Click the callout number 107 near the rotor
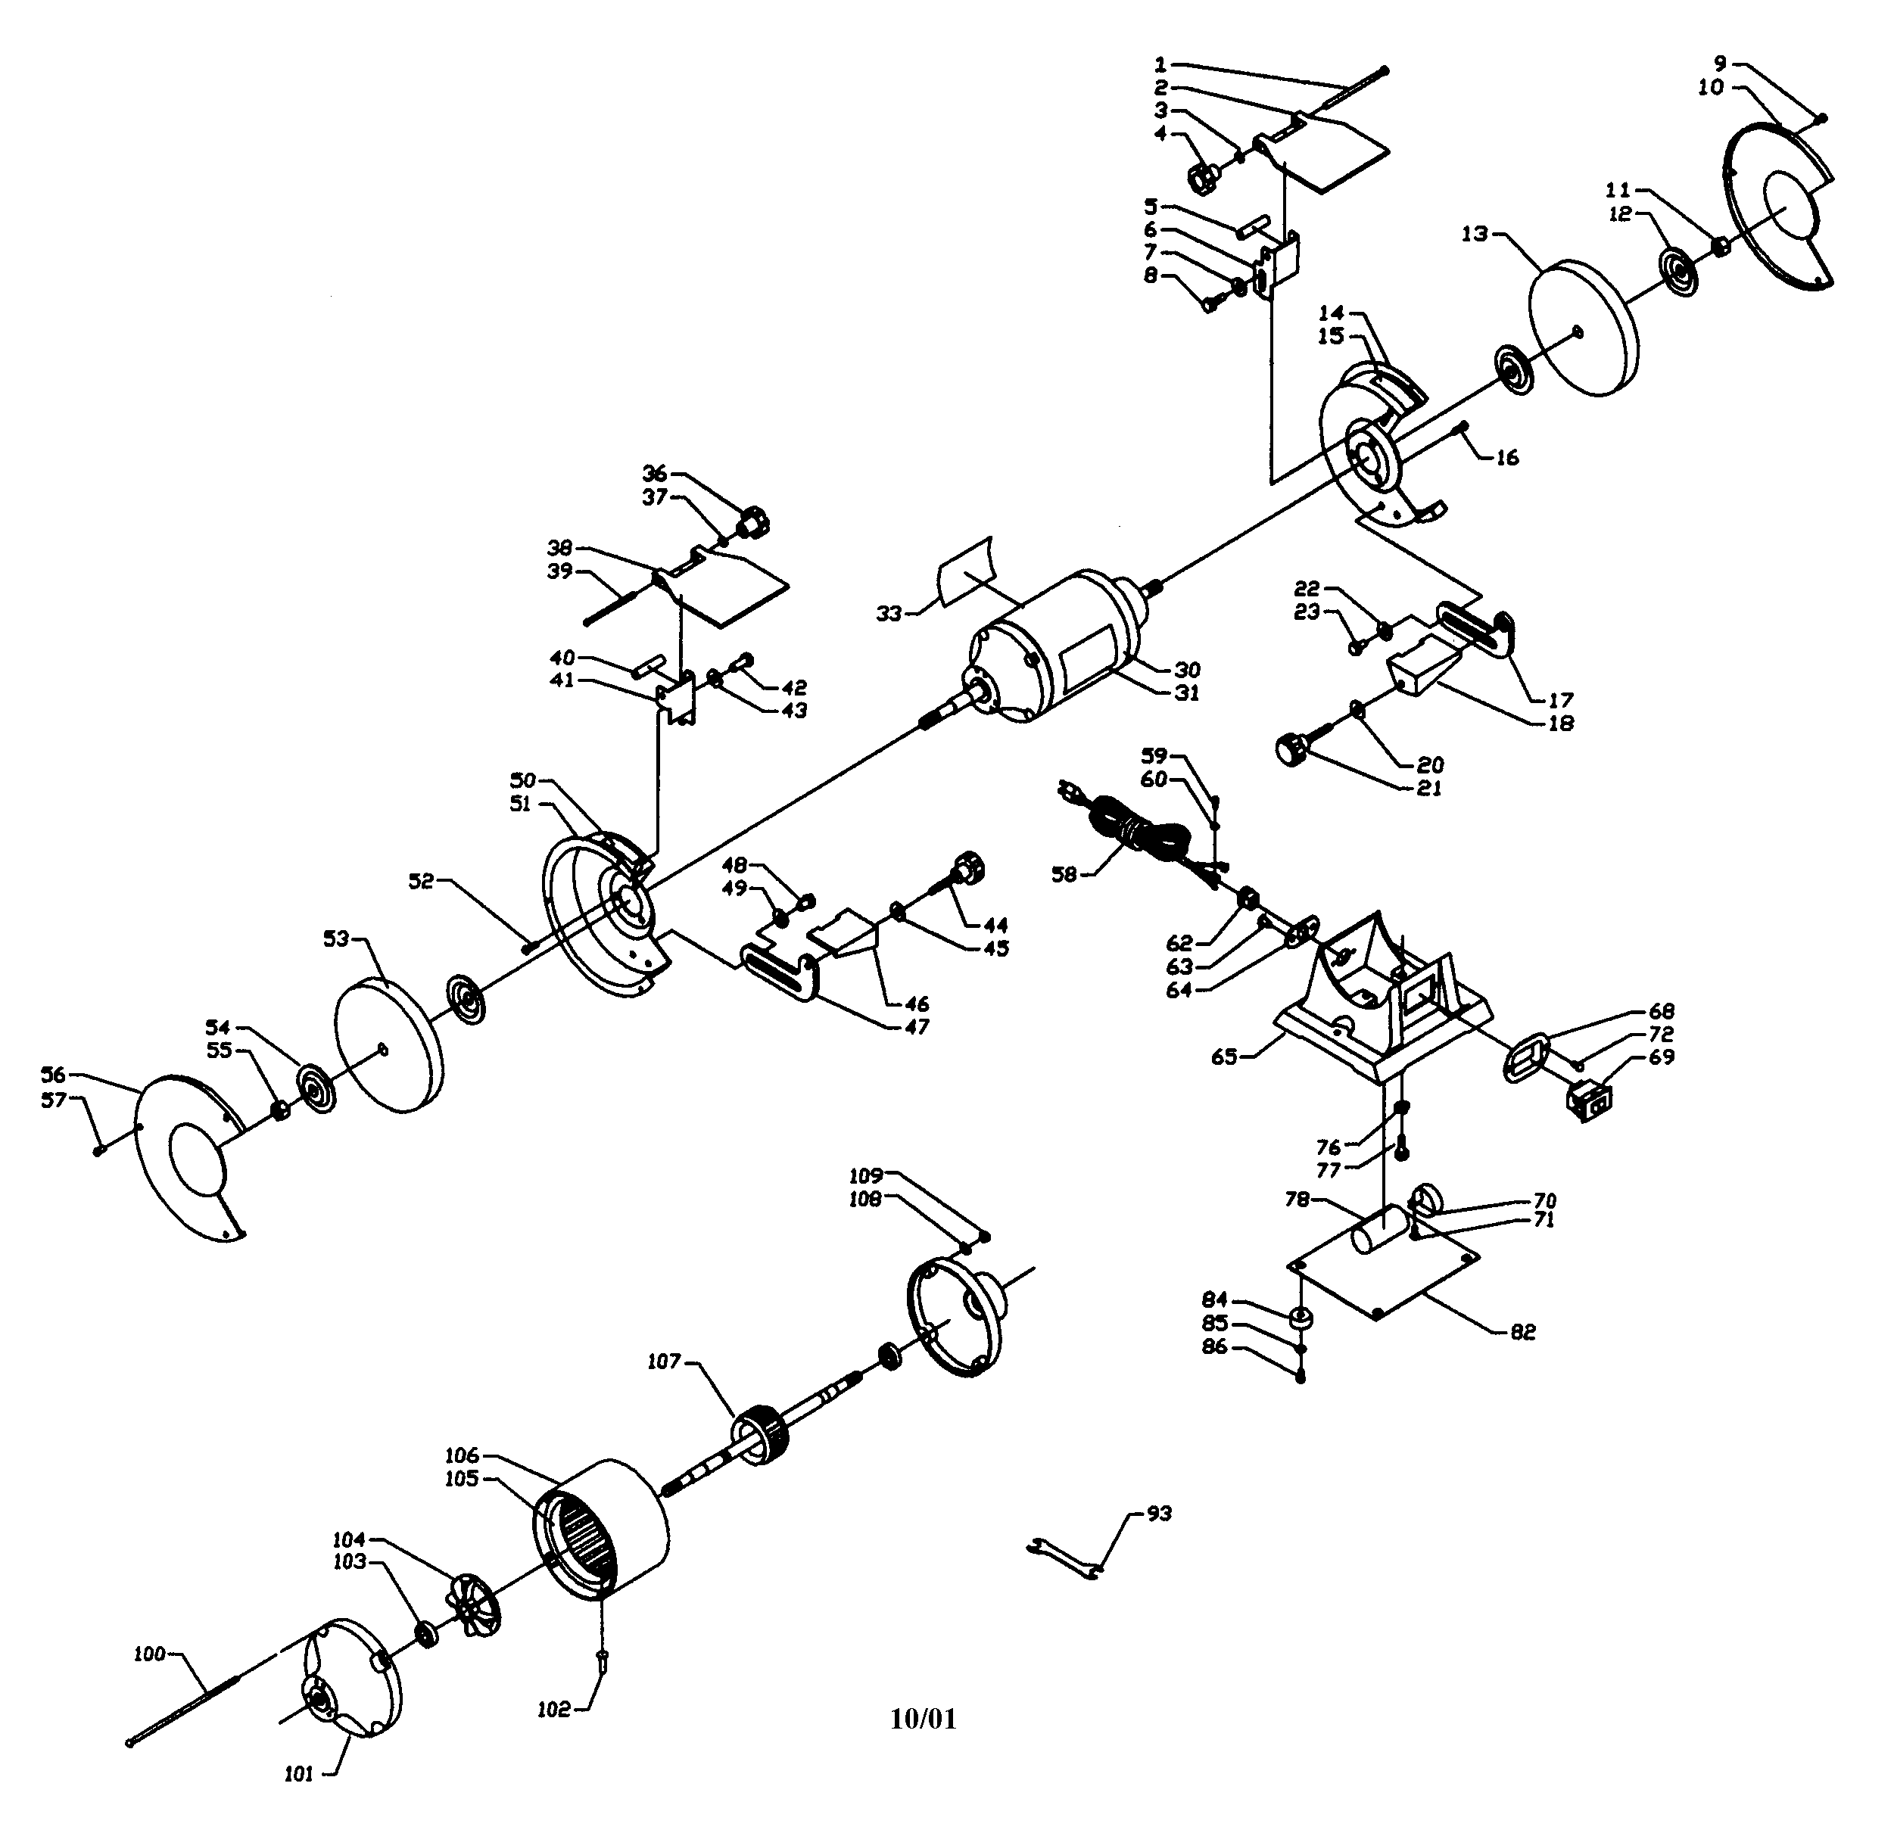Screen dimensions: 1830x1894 click(x=664, y=1362)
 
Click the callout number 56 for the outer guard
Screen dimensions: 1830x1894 click(x=53, y=1075)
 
